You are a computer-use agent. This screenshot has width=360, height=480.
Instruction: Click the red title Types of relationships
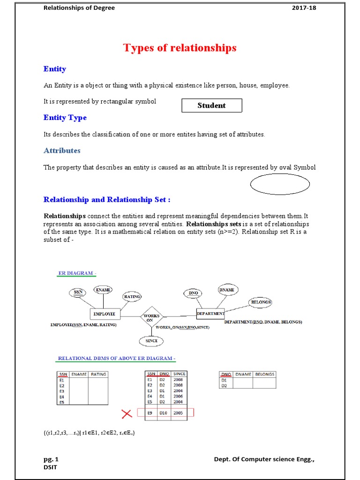coord(180,48)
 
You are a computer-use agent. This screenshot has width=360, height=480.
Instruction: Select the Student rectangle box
coord(211,105)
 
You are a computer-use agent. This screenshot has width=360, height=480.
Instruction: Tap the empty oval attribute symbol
coord(280,184)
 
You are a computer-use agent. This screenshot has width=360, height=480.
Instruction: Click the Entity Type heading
coord(65,118)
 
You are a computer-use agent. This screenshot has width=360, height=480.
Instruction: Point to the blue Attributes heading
coord(62,150)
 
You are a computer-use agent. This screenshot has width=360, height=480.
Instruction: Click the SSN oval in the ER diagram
coord(78,292)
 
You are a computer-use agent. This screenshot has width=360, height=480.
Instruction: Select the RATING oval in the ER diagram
coord(132,297)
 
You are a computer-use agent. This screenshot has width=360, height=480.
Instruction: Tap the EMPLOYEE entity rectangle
coord(105,314)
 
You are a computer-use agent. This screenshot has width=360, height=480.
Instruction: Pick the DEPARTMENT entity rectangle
coord(210,313)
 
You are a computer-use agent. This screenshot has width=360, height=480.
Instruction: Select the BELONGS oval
coord(261,302)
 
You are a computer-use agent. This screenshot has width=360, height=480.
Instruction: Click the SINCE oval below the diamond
coord(151,341)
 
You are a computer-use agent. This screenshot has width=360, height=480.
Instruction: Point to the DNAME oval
coord(226,290)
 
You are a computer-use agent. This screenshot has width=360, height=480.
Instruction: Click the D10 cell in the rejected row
coord(163,413)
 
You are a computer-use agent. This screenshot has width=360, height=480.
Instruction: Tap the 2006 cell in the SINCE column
coord(178,396)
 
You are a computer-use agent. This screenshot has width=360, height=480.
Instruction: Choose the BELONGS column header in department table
coord(264,374)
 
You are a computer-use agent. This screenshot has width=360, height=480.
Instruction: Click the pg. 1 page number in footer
coord(51,459)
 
